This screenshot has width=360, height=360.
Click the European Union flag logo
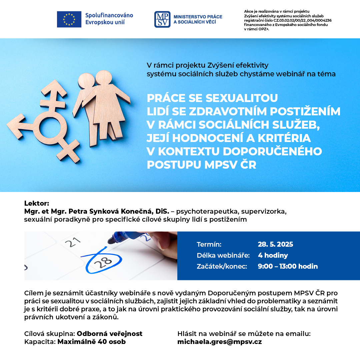[69, 19]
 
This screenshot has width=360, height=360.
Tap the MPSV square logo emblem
[162, 19]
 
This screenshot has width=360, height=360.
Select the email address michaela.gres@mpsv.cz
[219, 342]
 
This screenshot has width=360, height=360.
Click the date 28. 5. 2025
[275, 244]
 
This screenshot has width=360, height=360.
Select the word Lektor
[36, 203]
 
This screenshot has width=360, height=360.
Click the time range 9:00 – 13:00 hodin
[288, 266]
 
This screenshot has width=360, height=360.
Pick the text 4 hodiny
[273, 255]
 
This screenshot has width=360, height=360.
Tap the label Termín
[209, 244]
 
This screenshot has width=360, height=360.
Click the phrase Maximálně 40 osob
[92, 342]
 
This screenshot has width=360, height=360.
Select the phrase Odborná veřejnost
[110, 334]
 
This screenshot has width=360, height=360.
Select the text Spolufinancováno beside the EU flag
[109, 15]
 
